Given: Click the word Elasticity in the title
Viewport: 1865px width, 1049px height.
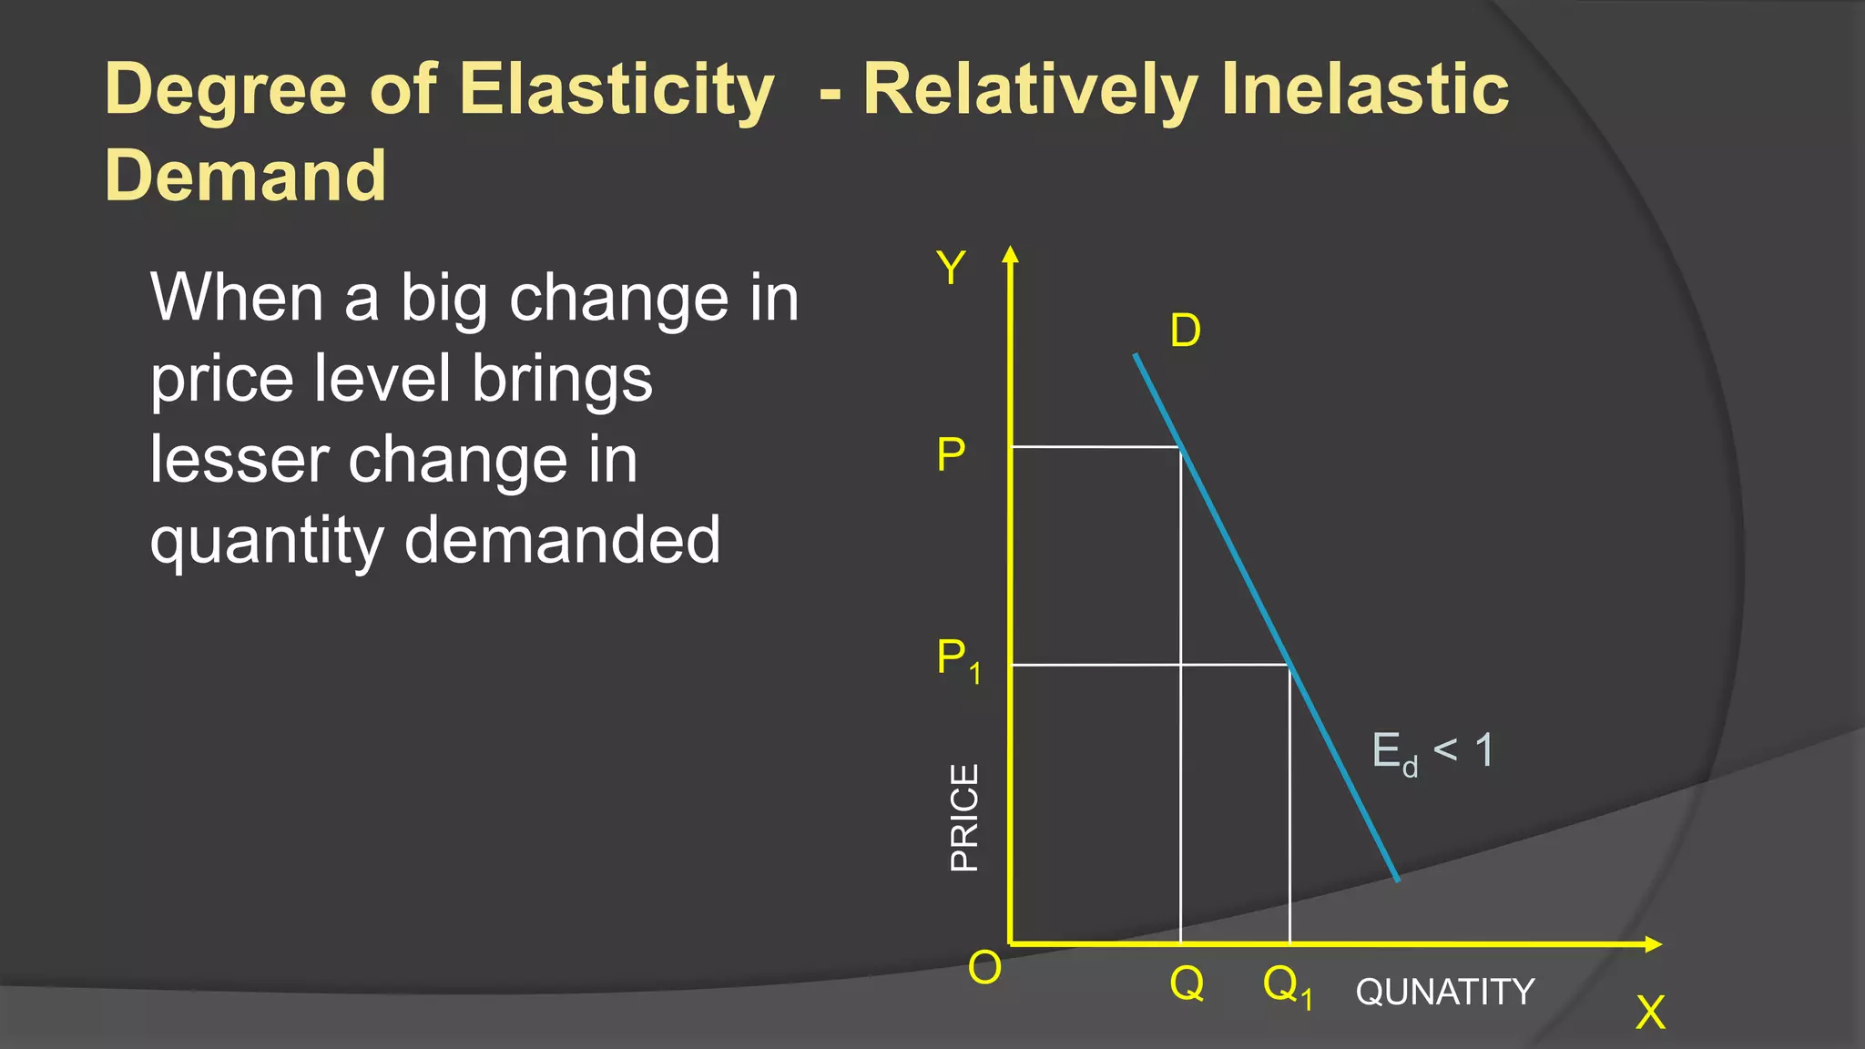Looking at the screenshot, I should coord(616,89).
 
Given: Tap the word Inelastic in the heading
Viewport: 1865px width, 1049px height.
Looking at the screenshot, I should coord(1364,89).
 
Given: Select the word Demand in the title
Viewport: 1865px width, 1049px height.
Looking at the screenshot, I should coord(245,175).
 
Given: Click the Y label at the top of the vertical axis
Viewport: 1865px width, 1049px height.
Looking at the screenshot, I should coord(951,269).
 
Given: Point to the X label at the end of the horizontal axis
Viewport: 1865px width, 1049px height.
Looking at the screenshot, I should coord(1650,1013).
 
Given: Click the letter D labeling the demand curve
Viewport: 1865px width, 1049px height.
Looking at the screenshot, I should coord(1185,331).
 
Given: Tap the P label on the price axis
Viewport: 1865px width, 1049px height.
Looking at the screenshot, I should coord(951,454).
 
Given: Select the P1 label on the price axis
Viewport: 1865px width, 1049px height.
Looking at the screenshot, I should coord(958,659).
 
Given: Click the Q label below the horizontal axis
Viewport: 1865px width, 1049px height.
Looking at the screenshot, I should coord(1187,983).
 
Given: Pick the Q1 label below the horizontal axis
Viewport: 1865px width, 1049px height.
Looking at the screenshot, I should coord(1287,986).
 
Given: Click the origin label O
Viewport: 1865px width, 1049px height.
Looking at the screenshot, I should coord(984,968).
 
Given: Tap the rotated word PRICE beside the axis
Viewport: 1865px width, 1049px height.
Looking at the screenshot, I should coord(964,817).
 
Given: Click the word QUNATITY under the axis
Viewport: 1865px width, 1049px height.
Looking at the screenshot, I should coord(1445,992).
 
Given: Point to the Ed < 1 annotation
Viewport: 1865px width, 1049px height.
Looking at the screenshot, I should coord(1432,752).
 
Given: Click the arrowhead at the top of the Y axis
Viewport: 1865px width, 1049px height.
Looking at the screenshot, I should coord(1010,254).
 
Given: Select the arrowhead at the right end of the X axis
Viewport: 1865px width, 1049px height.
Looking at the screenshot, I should coord(1654,944).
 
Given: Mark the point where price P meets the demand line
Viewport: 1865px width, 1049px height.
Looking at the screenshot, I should coord(1181,447).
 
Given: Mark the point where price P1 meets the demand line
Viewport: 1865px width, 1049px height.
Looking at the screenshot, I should coord(1289,666).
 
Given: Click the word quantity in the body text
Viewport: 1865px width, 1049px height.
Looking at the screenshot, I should coord(266,541).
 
